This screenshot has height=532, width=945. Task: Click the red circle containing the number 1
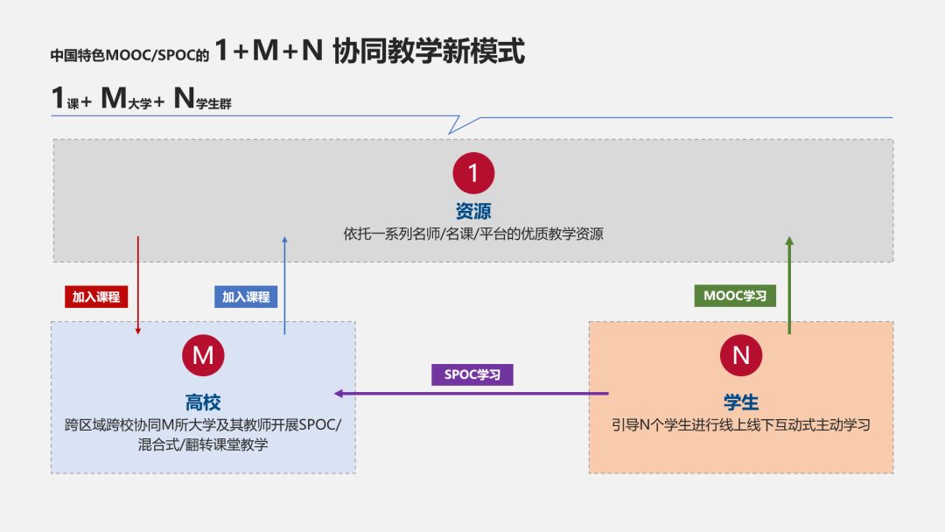[x=473, y=172]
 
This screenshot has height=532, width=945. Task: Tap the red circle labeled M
[x=203, y=354]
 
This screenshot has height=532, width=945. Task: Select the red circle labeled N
[x=741, y=354]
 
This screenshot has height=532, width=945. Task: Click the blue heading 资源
[x=473, y=211]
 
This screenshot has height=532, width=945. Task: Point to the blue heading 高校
[x=203, y=402]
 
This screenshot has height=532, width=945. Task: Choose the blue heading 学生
[x=741, y=402]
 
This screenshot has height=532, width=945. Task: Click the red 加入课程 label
[x=96, y=297]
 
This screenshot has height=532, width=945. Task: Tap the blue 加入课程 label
[x=246, y=297]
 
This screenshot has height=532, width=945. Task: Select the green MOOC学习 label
[x=735, y=296]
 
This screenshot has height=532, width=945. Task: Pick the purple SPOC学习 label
[x=472, y=374]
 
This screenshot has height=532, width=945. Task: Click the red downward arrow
[x=138, y=284]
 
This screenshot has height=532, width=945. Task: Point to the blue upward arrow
[x=284, y=284]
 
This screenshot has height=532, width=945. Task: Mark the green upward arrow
[x=789, y=284]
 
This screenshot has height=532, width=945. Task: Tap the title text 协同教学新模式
[x=429, y=52]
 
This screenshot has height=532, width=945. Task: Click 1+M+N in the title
[x=269, y=52]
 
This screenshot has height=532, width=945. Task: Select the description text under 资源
[x=473, y=234]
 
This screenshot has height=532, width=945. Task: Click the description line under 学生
[x=741, y=425]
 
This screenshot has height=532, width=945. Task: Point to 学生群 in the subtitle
[x=214, y=103]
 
